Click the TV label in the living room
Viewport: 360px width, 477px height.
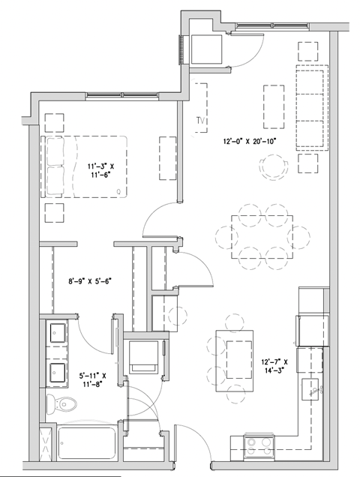(x=200, y=121)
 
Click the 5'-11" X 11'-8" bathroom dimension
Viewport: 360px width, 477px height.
(x=94, y=379)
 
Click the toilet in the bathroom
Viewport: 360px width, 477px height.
(x=60, y=403)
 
